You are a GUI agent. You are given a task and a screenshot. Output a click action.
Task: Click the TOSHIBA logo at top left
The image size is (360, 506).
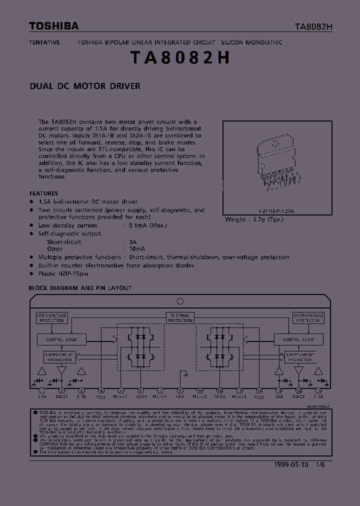(53, 26)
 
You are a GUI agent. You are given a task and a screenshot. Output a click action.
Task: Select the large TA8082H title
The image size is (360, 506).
(180, 58)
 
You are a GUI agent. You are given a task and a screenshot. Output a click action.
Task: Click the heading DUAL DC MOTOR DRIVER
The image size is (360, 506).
(85, 86)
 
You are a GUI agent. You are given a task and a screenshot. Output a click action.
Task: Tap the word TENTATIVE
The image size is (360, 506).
(44, 42)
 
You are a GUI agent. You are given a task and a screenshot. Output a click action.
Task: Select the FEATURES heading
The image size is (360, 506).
(43, 193)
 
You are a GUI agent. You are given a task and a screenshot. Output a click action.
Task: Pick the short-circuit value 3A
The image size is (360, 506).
(133, 241)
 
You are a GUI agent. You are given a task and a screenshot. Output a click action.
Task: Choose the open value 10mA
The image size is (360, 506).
(137, 249)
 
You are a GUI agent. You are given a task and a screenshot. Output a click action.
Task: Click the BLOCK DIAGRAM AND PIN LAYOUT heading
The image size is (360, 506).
(80, 288)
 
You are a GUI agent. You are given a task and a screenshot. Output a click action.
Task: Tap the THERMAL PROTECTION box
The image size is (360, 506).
(180, 318)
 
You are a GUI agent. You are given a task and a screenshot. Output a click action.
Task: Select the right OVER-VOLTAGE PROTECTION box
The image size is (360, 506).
(308, 318)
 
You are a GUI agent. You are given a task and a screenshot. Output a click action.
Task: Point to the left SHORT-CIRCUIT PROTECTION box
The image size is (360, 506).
(59, 357)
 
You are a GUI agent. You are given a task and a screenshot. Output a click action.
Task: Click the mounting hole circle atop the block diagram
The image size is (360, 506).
(180, 301)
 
